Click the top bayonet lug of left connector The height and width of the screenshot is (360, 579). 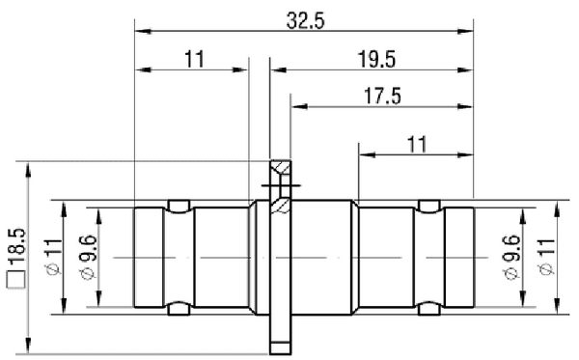pyautogui.click(x=179, y=205)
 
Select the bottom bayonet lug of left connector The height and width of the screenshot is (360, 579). pyautogui.click(x=179, y=311)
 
